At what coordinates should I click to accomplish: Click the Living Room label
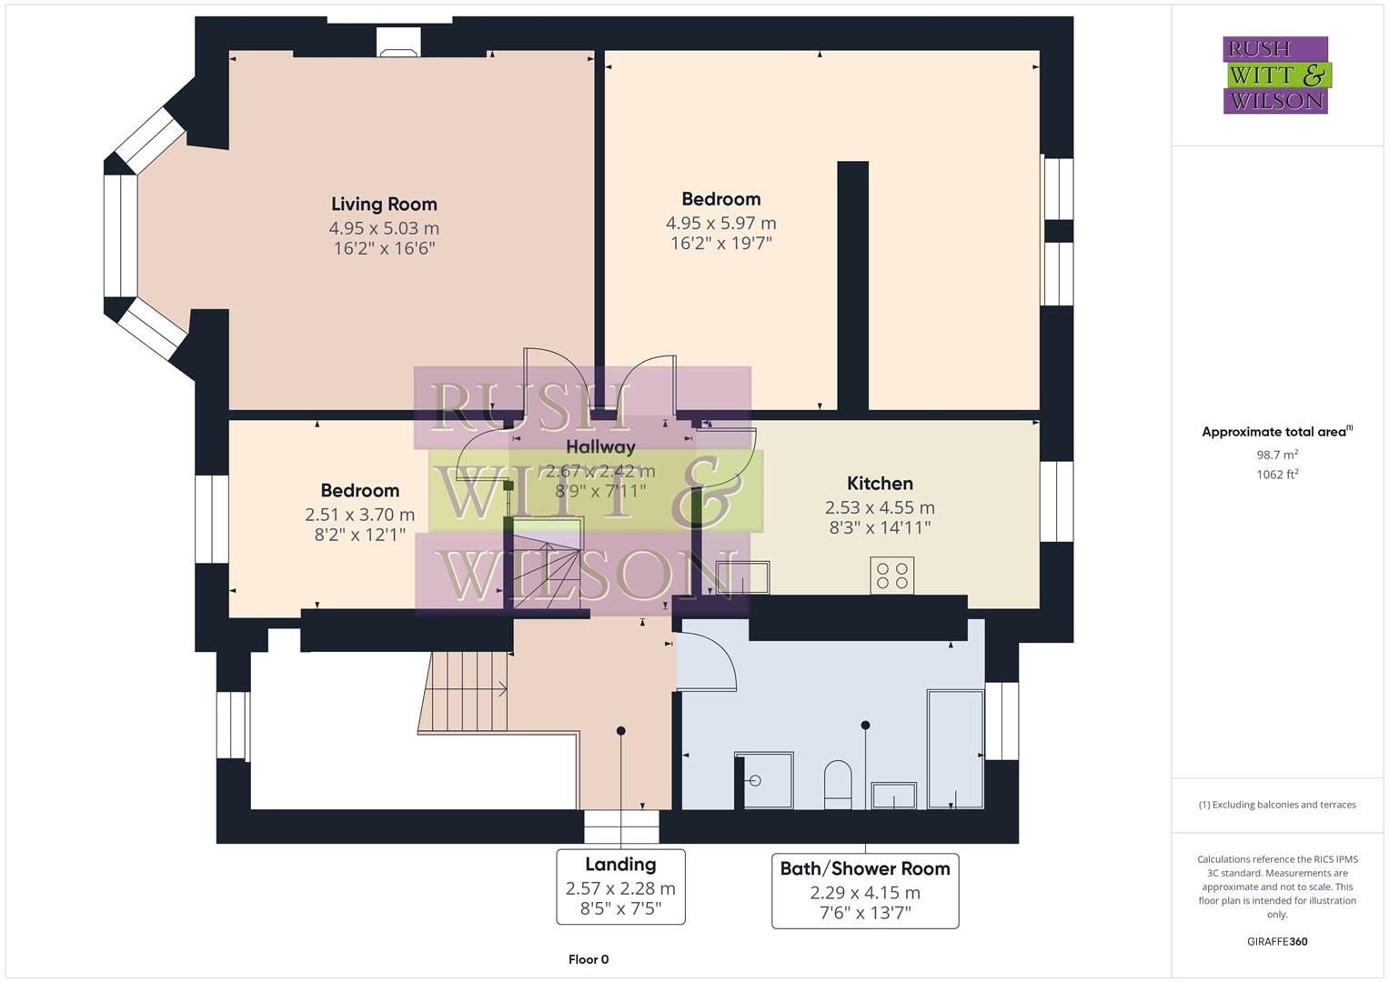coord(384,205)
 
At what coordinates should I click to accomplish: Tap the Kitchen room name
coord(880,484)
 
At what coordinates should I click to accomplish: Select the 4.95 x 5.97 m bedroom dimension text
coord(720,223)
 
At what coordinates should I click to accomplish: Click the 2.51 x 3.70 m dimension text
coord(359,515)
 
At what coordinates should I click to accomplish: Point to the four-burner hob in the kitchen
coord(891,576)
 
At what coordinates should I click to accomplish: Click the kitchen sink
coord(742,577)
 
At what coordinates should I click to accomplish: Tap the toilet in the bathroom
coord(837,784)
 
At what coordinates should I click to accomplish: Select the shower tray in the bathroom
coord(763,779)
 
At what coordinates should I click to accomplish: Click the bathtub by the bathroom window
coord(954,748)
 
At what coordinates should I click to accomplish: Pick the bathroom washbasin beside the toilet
coord(893,795)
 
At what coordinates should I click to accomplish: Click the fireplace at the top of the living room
coord(399,43)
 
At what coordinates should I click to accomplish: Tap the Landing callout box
coord(620,887)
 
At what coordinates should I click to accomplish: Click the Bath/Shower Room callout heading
coord(864,868)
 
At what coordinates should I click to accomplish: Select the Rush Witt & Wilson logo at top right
coord(1275,75)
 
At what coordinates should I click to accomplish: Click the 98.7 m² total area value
coord(1277,455)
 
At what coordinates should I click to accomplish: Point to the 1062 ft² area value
coord(1277,474)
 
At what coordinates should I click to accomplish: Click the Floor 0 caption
coord(589,959)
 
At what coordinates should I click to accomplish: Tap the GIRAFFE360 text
coord(1277,941)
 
